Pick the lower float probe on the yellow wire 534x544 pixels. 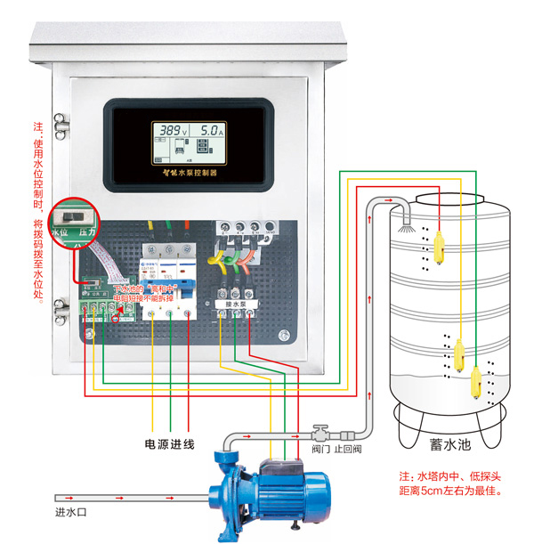[458, 357]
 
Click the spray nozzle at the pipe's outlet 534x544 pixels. [407, 221]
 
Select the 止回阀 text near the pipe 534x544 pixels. [346, 450]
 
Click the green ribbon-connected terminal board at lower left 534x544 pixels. [101, 309]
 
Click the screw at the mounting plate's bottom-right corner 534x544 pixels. [283, 336]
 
